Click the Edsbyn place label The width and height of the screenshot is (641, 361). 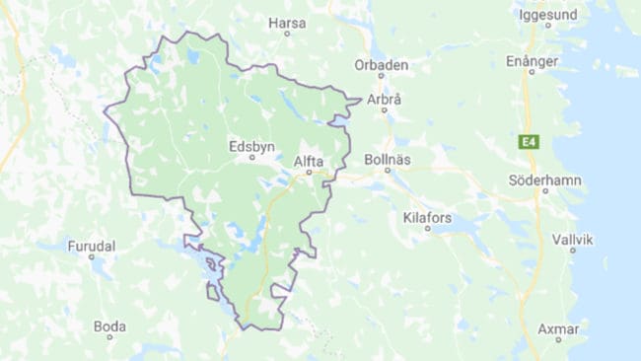250,145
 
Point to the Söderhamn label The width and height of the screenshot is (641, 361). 544,180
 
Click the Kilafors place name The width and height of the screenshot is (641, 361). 427,215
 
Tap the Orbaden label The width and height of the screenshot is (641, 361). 382,66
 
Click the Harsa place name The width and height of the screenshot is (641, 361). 287,22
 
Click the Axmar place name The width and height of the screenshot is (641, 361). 558,326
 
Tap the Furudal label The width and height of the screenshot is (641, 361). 91,246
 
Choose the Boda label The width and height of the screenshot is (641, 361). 109,325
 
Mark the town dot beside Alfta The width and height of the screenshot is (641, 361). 309,172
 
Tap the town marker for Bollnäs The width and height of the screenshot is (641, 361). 388,170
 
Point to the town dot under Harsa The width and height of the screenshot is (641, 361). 287,34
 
